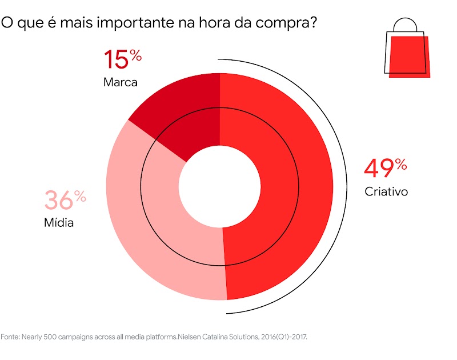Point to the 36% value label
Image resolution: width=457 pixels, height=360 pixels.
click(65, 201)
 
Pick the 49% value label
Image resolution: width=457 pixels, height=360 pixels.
click(385, 169)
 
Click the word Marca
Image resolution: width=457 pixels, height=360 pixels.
click(120, 82)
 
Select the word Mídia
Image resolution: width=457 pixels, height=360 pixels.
click(59, 222)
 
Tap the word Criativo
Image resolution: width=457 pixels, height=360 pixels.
click(386, 191)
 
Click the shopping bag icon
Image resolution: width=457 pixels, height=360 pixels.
click(407, 51)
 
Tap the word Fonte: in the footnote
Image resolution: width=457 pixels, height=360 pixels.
click(10, 337)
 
